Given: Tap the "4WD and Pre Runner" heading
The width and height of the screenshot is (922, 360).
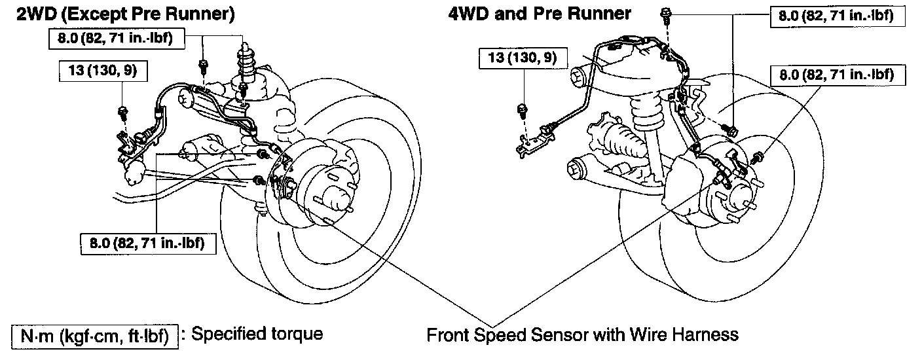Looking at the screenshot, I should click(x=539, y=13).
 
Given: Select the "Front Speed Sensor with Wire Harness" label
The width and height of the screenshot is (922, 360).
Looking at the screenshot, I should click(x=582, y=334).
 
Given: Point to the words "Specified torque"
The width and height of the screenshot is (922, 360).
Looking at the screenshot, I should click(x=257, y=334).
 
